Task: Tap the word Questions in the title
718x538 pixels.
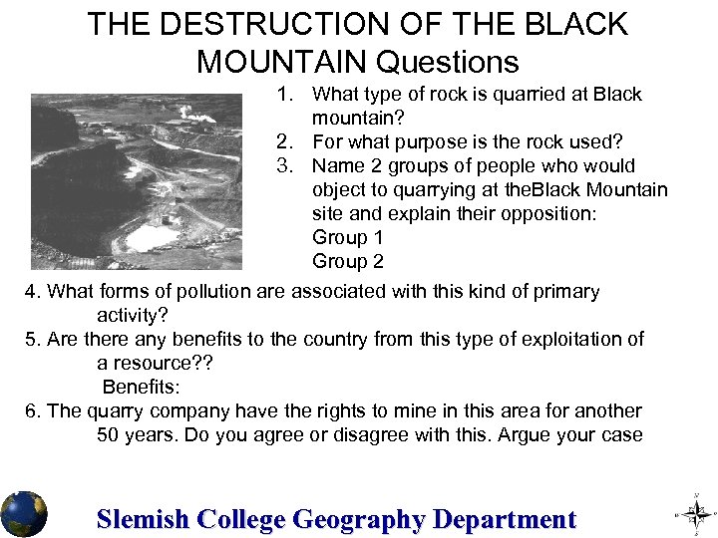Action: [447, 62]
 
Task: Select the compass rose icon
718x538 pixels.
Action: [697, 514]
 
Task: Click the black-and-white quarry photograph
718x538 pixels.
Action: [136, 181]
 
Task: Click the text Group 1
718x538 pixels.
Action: [347, 238]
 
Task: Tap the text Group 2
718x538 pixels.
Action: [347, 262]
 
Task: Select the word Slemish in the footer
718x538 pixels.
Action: [143, 519]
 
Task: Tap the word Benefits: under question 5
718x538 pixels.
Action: [141, 388]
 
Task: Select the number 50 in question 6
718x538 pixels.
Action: [109, 435]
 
